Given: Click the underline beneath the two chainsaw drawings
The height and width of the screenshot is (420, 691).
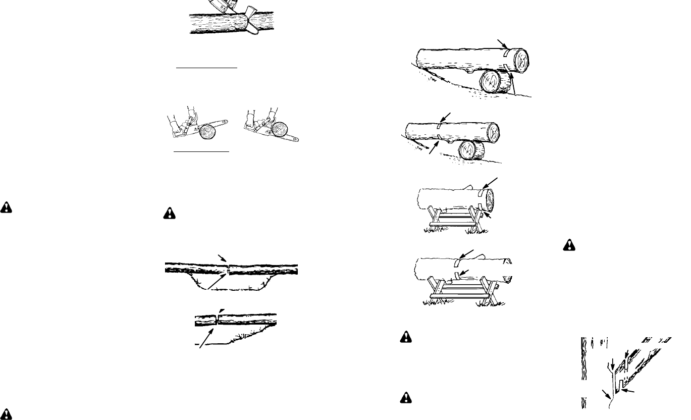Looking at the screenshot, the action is click(x=201, y=150).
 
